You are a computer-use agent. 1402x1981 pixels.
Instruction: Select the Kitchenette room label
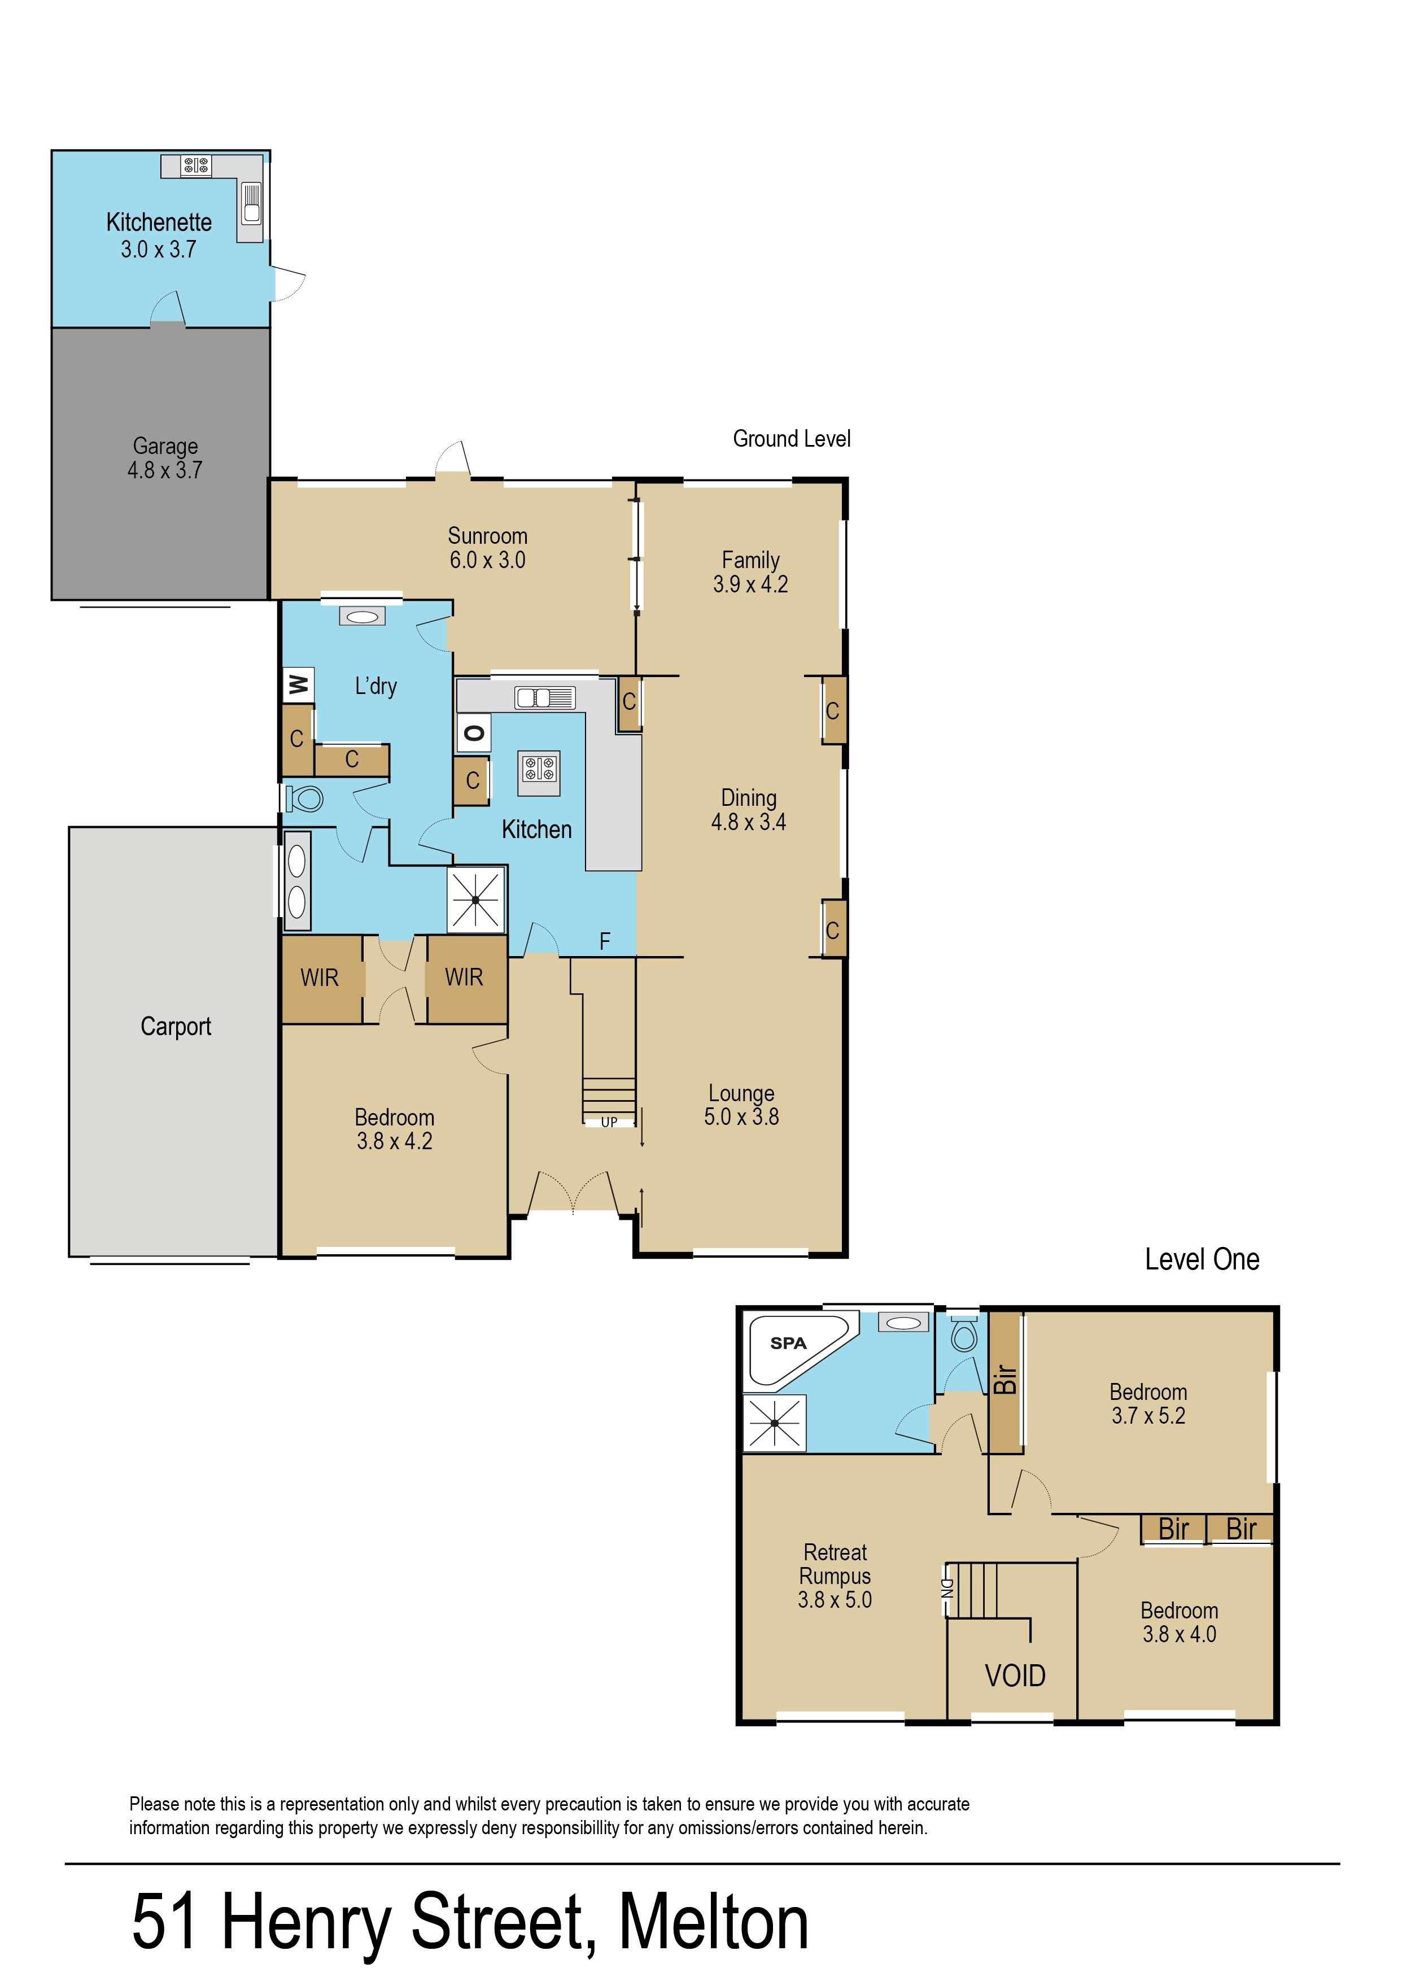pyautogui.click(x=159, y=222)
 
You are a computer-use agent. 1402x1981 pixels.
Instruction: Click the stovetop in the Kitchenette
pyautogui.click(x=196, y=165)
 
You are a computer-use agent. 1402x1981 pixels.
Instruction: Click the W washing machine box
pyautogui.click(x=298, y=686)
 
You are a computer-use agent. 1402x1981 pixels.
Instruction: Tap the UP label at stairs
pyautogui.click(x=609, y=1122)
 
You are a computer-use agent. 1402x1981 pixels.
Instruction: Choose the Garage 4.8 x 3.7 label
pyautogui.click(x=165, y=459)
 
